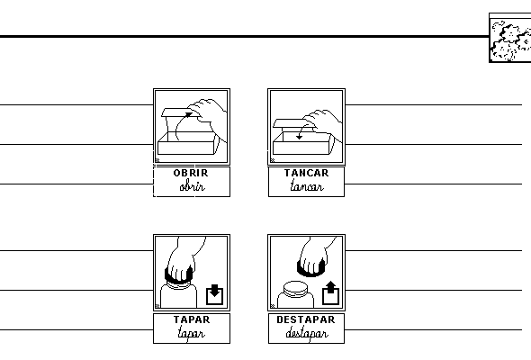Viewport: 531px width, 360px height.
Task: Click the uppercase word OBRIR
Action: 191,173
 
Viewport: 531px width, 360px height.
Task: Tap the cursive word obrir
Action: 192,186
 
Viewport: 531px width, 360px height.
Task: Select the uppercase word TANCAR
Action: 306,173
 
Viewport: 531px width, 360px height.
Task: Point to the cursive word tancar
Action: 307,185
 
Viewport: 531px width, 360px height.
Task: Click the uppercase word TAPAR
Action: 192,319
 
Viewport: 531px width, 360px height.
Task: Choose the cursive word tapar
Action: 192,334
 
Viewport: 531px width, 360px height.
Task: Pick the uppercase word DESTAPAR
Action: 306,319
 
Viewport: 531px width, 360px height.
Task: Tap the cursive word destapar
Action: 307,334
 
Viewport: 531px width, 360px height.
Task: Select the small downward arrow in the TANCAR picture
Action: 300,132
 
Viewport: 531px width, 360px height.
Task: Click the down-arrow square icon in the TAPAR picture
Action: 214,294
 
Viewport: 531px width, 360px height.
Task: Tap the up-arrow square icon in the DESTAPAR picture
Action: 330,292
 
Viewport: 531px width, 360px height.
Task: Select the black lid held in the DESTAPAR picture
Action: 310,268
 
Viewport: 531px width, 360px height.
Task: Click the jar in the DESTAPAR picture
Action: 295,295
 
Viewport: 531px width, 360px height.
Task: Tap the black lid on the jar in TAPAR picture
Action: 178,276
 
